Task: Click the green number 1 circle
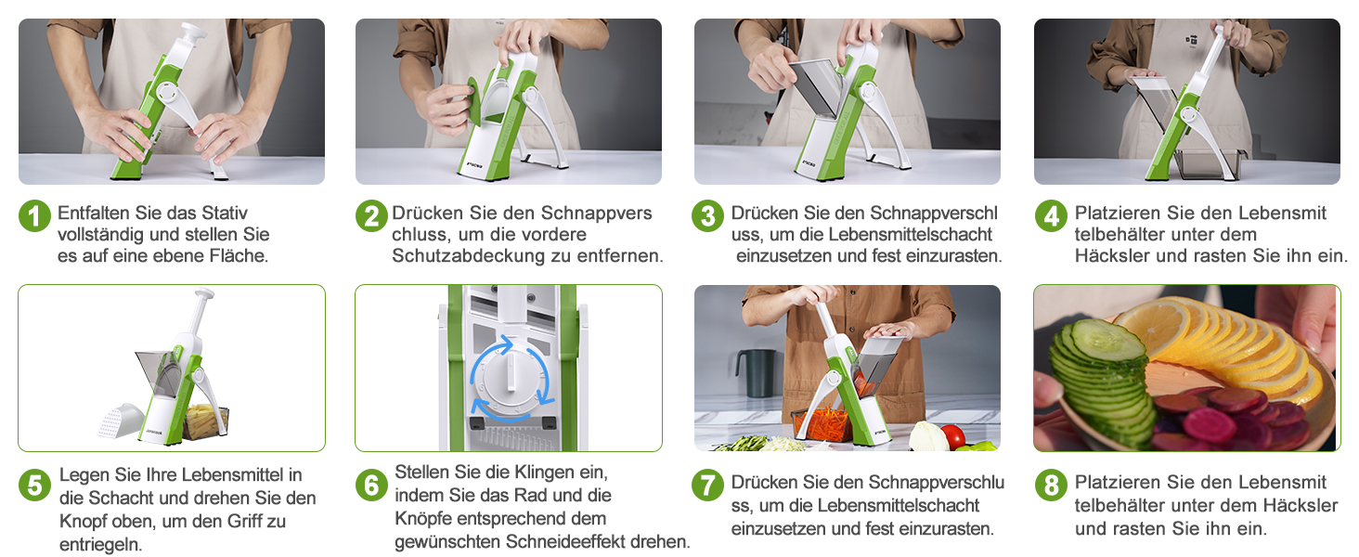(34, 216)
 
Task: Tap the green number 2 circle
(371, 216)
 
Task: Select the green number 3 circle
(707, 216)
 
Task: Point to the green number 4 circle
(1051, 216)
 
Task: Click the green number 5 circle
(34, 486)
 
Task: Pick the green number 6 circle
(371, 486)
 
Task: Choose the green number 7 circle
(707, 486)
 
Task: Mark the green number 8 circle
(1051, 486)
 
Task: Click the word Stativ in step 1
(225, 213)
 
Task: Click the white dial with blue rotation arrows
(510, 379)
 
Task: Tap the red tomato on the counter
(952, 436)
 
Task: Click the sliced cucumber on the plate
(1101, 382)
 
